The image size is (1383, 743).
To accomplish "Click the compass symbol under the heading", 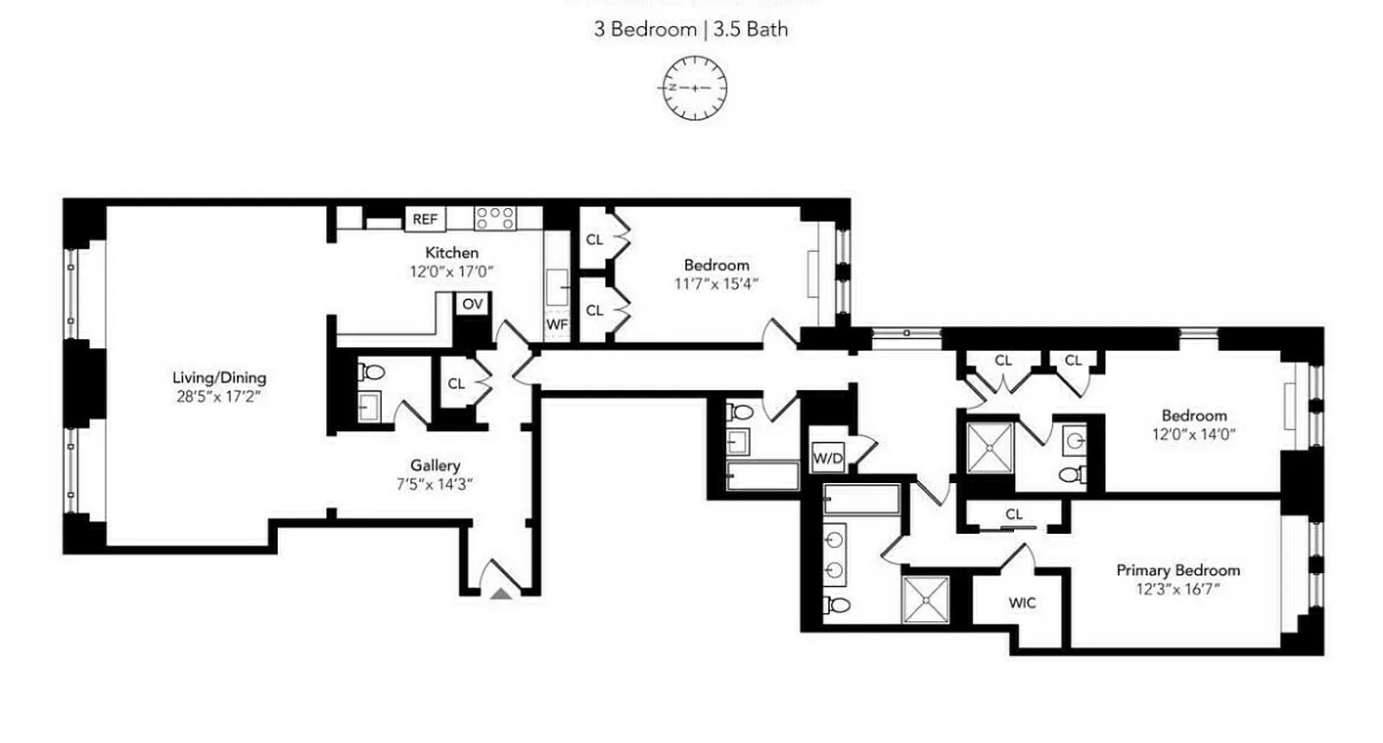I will point(694,88).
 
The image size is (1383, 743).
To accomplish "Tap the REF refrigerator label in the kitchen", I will point(425,219).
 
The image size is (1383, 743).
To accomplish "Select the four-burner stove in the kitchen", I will point(494,218).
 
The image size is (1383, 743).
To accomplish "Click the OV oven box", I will point(472,304).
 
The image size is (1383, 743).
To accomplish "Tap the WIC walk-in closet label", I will point(1021,602).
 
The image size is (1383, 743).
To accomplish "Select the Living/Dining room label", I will point(219,378).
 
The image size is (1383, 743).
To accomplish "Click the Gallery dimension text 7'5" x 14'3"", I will point(435,483).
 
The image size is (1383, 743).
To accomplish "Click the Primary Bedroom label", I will point(1178,570).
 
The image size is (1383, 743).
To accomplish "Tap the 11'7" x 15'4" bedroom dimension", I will point(716,283).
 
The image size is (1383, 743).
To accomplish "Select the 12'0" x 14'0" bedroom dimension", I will point(1193,433).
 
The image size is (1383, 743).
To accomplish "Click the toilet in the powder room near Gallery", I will point(374,372).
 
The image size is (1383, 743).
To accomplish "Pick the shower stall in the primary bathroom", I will point(926,599).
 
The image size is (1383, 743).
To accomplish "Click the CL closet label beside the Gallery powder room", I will point(456,383).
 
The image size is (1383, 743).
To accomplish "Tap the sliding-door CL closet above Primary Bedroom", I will point(1014,514).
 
